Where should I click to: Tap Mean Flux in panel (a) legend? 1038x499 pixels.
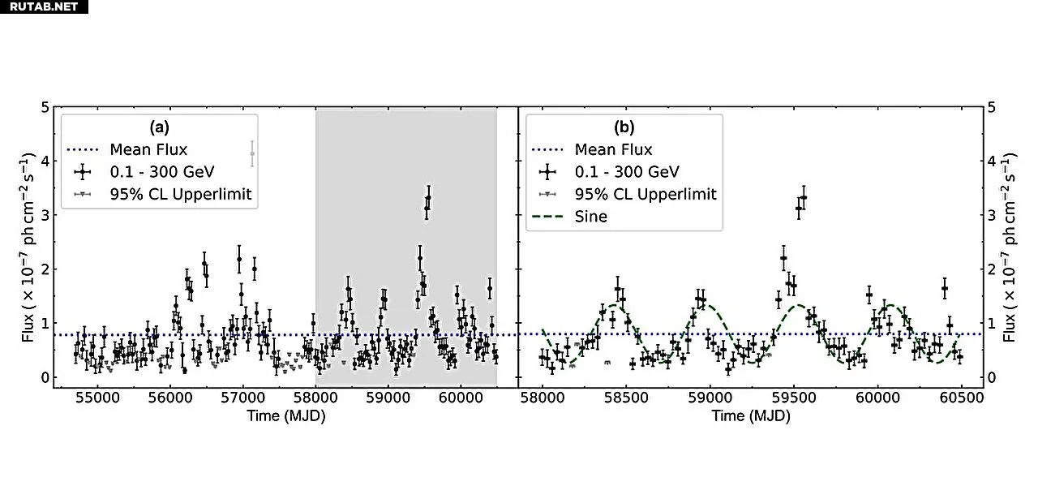(x=148, y=149)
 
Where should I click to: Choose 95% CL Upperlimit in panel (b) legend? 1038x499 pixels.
(x=646, y=194)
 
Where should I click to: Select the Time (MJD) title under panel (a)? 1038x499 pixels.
(x=286, y=416)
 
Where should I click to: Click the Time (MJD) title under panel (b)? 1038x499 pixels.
(x=751, y=416)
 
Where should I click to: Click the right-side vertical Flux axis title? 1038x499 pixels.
(x=1010, y=247)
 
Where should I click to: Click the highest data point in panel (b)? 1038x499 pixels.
(x=804, y=197)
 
